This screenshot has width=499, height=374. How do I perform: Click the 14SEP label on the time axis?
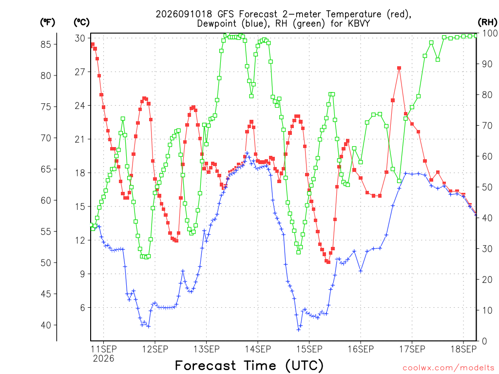point(258,349)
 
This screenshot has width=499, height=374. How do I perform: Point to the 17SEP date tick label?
point(412,349)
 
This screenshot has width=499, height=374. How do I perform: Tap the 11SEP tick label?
point(104,349)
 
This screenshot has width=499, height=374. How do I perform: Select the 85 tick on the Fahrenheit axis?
point(46,44)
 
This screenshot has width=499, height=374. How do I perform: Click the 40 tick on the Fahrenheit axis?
point(46,325)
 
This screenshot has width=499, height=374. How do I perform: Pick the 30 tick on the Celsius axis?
point(80,38)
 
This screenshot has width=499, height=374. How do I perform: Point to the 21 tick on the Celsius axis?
point(80,139)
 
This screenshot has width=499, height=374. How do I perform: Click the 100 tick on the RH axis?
point(490,33)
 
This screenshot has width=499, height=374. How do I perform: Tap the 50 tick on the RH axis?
point(487,187)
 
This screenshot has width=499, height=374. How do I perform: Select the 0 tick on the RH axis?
point(485,341)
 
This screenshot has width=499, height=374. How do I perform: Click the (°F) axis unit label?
point(47,22)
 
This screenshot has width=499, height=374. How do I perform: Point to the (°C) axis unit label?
point(82,22)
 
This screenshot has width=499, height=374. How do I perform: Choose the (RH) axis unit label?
point(487,22)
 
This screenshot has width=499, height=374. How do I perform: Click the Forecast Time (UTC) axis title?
point(249,365)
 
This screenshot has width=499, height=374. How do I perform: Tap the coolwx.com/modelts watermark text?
point(448,368)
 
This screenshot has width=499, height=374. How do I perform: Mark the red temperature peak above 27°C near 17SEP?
point(399,68)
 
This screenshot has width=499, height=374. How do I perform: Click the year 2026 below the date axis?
point(104,359)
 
